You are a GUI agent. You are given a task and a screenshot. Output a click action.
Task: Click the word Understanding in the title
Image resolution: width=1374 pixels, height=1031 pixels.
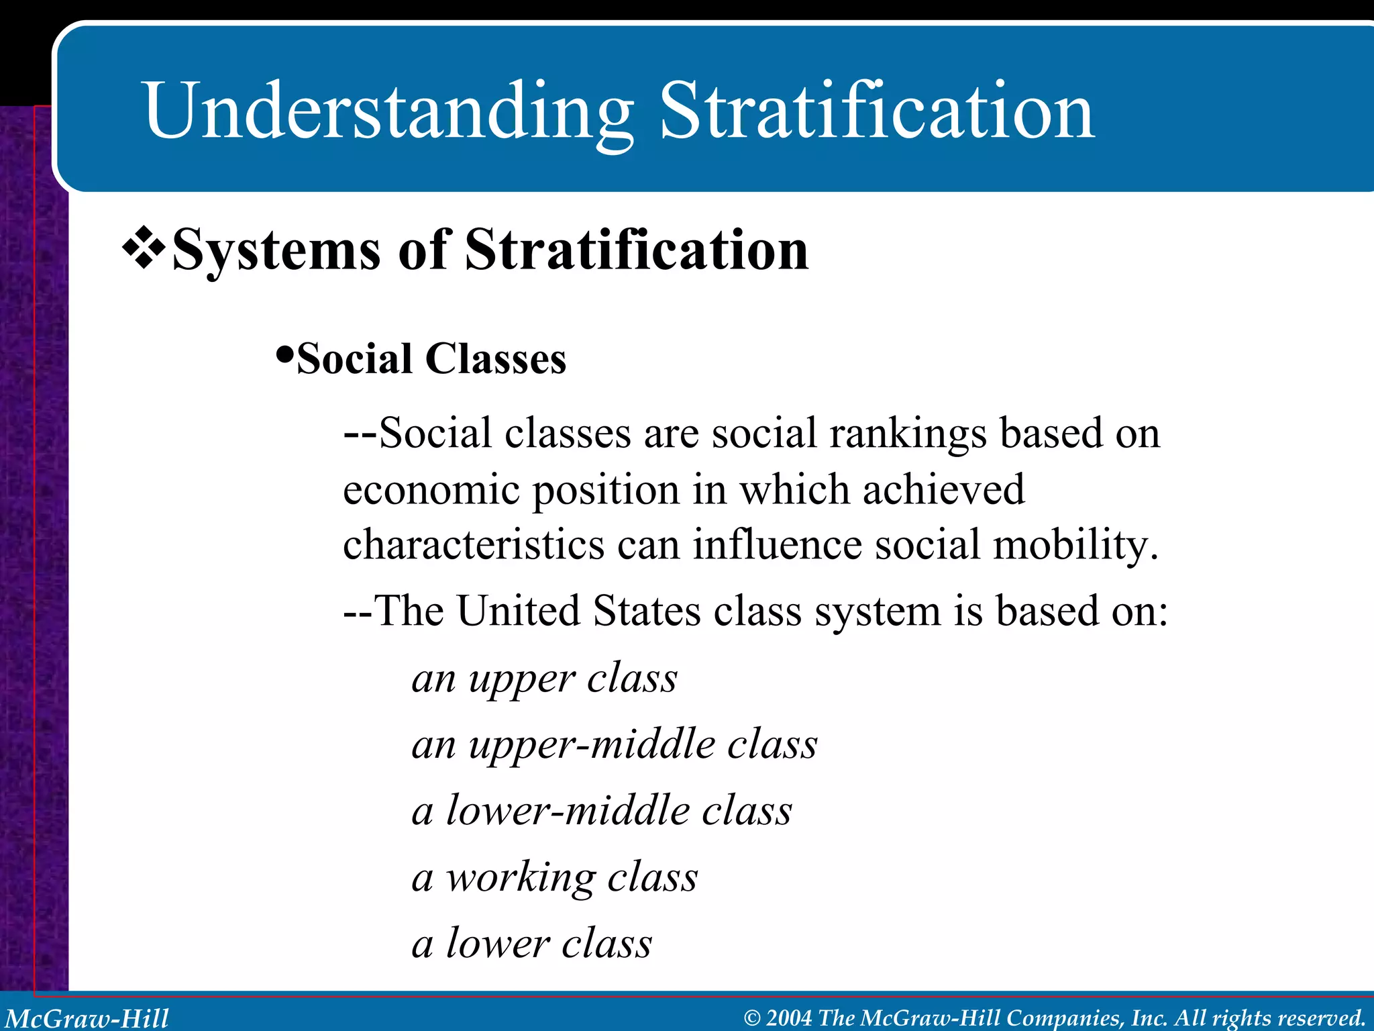click(x=388, y=111)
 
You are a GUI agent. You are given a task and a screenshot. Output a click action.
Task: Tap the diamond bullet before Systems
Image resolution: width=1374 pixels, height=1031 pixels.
click(x=144, y=249)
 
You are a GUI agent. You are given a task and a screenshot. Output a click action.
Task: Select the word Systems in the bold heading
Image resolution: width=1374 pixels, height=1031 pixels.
click(x=276, y=250)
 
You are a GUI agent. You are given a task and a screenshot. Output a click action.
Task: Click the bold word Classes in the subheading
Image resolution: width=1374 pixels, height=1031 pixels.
click(x=496, y=359)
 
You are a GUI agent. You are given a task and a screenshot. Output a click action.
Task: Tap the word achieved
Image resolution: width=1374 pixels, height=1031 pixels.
click(x=943, y=489)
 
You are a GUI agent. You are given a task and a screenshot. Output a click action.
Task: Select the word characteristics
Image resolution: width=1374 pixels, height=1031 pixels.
click(x=474, y=544)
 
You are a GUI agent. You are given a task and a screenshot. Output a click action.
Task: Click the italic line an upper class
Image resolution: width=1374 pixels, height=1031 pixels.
click(x=544, y=679)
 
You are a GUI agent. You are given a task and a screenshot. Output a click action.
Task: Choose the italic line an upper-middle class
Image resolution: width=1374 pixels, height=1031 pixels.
click(x=615, y=744)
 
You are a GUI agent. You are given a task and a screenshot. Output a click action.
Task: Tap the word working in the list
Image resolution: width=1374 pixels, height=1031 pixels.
click(x=521, y=877)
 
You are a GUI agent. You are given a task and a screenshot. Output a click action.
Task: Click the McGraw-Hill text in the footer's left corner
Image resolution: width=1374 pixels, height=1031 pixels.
click(x=87, y=1018)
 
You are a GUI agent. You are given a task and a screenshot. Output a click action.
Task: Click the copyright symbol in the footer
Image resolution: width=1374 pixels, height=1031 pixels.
click(x=752, y=1018)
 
